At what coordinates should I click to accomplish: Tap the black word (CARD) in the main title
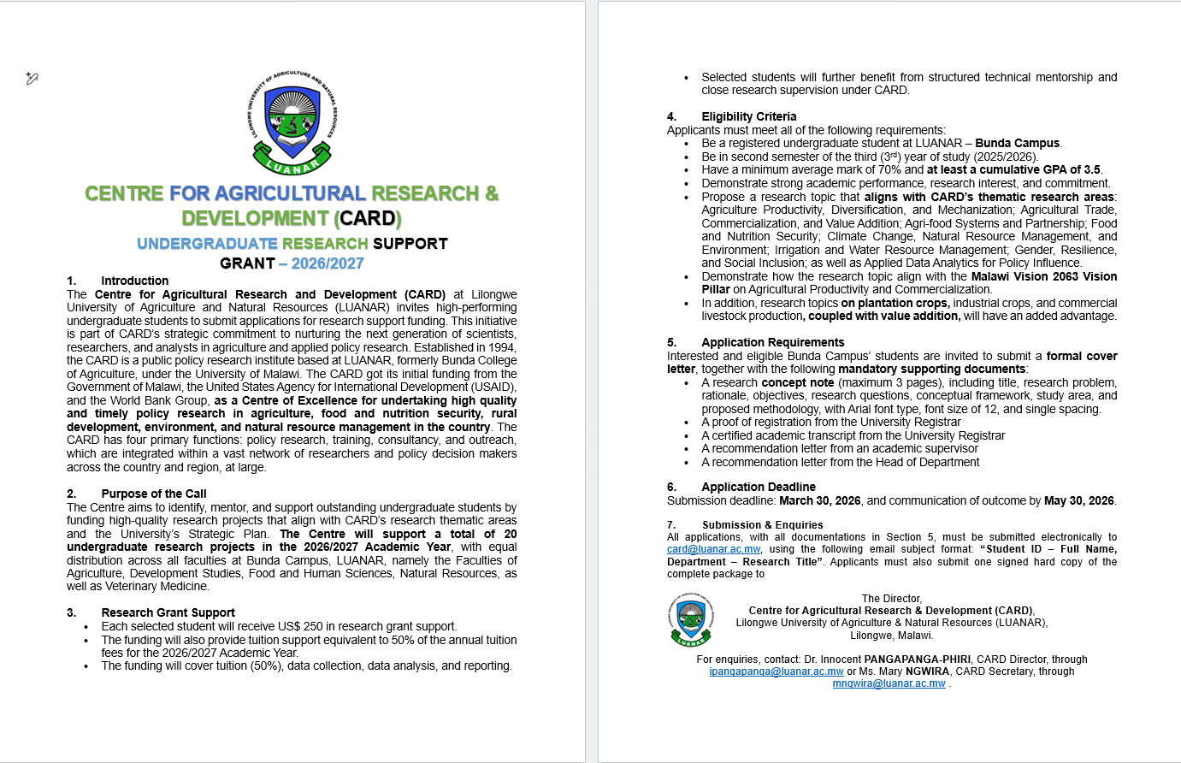point(369,219)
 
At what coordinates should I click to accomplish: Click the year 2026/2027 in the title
point(328,263)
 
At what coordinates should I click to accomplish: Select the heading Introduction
point(134,281)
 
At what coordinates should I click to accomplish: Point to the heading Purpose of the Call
point(154,494)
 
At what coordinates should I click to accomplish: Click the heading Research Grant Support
point(168,612)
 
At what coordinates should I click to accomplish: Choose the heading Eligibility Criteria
point(748,116)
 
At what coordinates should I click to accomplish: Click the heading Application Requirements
point(772,342)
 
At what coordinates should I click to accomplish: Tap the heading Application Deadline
point(759,487)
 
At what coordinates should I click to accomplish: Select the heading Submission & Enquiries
point(762,525)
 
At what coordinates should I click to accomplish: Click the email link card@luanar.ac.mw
point(713,550)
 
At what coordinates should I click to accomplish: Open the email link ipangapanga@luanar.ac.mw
point(777,671)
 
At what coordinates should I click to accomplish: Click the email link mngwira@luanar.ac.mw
point(889,683)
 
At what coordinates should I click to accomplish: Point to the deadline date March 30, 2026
point(820,500)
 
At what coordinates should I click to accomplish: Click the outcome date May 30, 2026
point(1079,500)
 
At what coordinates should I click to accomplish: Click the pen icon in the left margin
point(32,79)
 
